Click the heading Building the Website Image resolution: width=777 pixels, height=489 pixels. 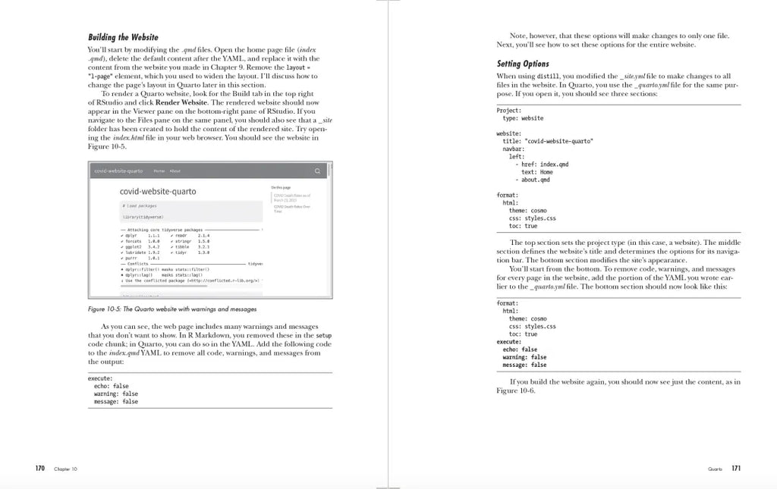pos(123,37)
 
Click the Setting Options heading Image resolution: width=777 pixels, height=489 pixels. pos(523,64)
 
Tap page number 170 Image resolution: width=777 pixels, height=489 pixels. pos(40,469)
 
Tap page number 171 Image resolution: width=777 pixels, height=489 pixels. pos(735,469)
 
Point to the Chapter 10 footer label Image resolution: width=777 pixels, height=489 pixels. pos(65,469)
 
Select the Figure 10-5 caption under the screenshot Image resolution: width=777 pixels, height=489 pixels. pos(172,309)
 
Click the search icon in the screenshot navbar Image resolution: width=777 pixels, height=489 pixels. pos(317,171)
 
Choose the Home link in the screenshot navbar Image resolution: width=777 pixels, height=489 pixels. pos(159,171)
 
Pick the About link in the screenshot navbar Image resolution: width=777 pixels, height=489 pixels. pos(175,171)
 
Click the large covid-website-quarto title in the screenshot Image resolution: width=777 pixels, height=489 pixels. pos(158,191)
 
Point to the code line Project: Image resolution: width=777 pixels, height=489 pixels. pos(508,111)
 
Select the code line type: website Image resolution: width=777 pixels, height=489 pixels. pos(523,118)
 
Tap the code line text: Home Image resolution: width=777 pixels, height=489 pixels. pos(536,172)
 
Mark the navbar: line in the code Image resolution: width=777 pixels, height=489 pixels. pos(514,149)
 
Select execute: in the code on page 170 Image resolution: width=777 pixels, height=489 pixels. pos(100,378)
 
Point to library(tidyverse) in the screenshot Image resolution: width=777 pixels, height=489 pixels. pos(143,217)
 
